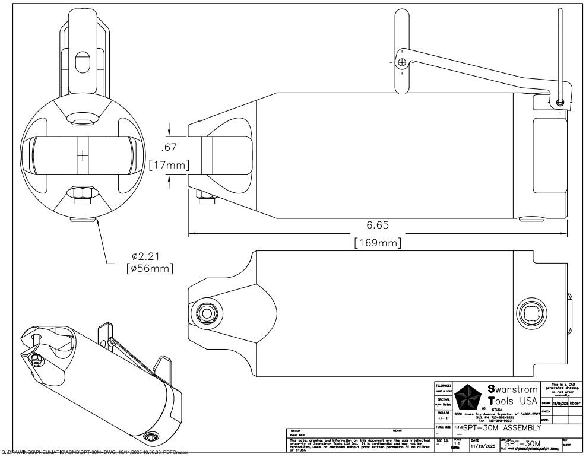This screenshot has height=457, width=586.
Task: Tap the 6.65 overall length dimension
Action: (x=377, y=226)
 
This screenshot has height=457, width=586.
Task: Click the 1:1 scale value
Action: (x=457, y=443)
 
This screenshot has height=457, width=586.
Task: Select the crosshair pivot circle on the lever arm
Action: (x=403, y=62)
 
